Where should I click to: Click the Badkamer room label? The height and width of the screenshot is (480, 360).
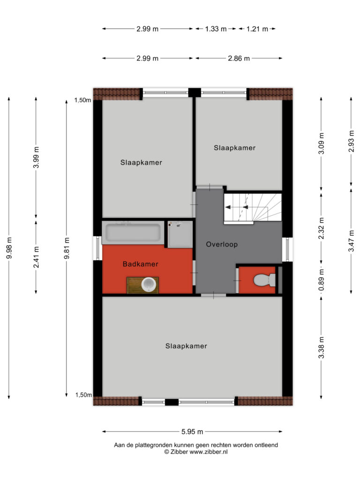coord(141,264)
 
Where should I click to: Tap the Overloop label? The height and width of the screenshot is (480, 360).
coord(222,244)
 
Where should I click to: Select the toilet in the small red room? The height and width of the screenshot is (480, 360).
coord(264,280)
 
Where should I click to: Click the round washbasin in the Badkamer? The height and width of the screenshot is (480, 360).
coord(149,285)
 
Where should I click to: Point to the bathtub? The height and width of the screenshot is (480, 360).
coord(133,232)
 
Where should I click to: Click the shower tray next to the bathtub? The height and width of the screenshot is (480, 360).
coord(180,234)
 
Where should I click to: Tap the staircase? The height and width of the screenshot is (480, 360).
coord(253,207)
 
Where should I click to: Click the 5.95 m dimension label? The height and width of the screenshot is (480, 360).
coord(192,432)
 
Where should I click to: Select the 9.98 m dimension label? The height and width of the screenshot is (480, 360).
coord(9,248)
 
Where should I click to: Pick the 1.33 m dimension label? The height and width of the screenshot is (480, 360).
coord(216,29)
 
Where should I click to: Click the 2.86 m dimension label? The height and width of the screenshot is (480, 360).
coord(239,58)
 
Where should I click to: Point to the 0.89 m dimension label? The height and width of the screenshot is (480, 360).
coord(321,280)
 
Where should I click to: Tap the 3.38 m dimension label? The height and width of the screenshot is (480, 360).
coord(321,347)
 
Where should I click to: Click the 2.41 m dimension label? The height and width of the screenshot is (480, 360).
coord(36,257)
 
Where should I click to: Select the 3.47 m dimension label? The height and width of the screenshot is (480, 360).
coord(351,241)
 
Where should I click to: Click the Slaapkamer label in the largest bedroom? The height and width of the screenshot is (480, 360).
coord(186,346)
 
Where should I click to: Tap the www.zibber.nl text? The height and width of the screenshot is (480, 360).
coord(209,452)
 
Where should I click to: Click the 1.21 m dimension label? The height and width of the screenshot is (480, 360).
coord(257,29)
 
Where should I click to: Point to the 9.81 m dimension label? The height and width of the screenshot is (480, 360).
coord(67,248)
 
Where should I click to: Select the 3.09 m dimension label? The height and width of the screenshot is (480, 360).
coord(321,143)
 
